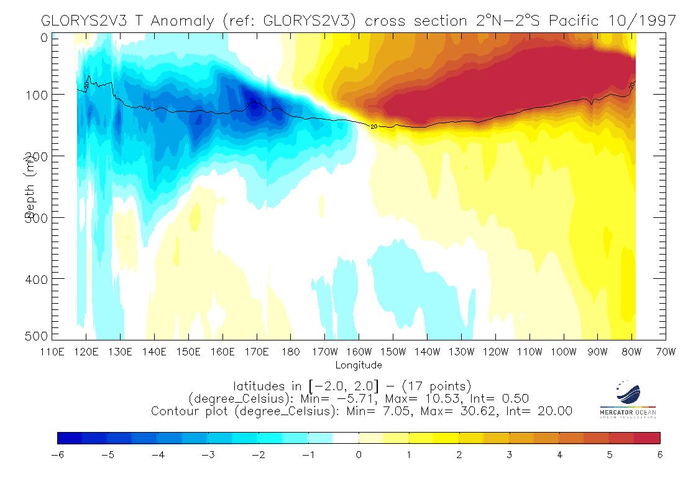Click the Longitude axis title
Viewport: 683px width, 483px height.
point(359,365)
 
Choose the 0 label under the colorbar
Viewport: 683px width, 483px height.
point(359,455)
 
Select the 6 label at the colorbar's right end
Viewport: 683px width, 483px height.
point(660,455)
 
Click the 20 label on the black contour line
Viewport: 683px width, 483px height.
point(374,126)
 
